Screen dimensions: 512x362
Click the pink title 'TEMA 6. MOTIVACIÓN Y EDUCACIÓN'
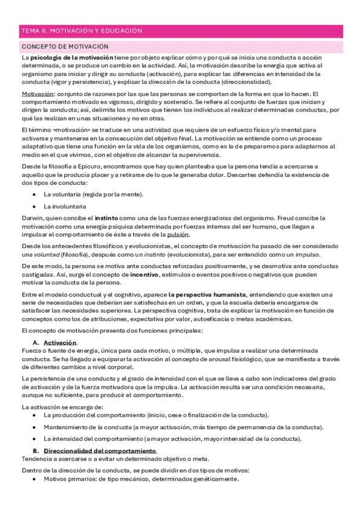[82, 30]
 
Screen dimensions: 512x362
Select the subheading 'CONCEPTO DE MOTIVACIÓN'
[65, 46]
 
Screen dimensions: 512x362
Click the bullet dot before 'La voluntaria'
[34, 194]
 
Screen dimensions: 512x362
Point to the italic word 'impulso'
[306, 254]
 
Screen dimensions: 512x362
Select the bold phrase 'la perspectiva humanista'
[207, 294]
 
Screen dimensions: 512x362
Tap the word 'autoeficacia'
[230, 319]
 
